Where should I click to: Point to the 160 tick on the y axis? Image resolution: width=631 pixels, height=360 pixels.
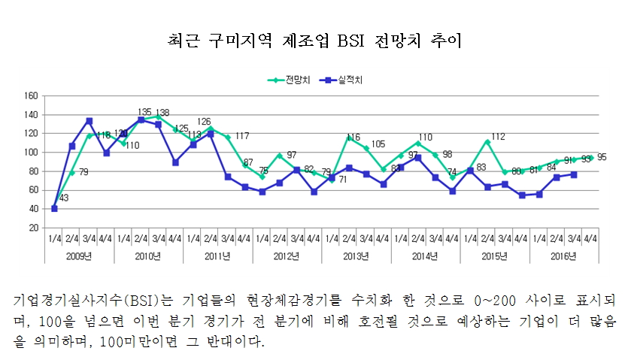[x=32, y=96]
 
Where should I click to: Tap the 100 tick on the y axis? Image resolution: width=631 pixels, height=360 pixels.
[x=32, y=153]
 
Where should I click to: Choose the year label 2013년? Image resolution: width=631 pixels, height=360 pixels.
[x=356, y=257]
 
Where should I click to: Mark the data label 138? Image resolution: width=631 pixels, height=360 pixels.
[x=162, y=112]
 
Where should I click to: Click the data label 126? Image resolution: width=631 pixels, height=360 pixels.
[x=203, y=122]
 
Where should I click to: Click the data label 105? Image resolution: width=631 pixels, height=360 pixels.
[x=378, y=144]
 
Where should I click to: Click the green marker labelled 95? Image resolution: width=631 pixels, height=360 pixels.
[x=590, y=158]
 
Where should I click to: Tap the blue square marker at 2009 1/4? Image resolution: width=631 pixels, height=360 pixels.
[x=54, y=208]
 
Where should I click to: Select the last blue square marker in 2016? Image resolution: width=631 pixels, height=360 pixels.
[x=573, y=174]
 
